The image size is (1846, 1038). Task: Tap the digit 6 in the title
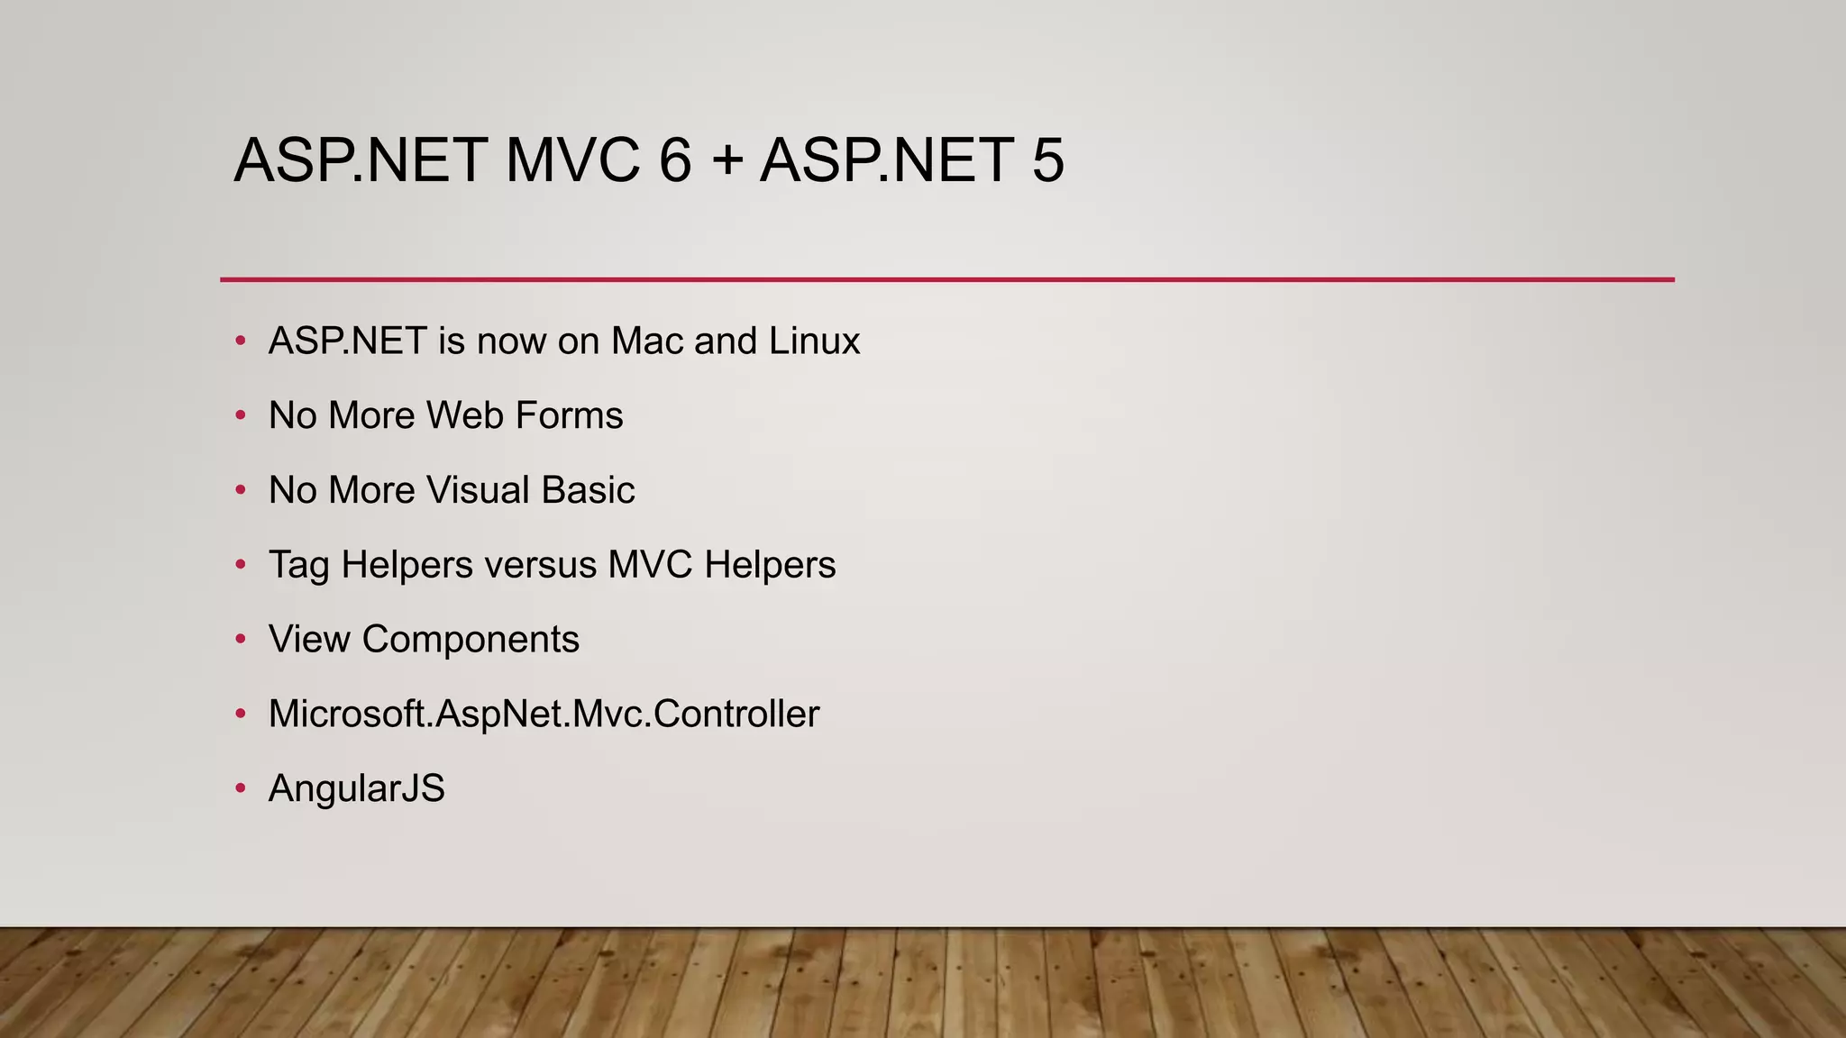pos(675,160)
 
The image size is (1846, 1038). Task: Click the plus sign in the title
pos(727,162)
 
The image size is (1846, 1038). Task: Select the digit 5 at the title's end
pos(1047,160)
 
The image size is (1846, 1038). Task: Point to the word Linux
pos(814,341)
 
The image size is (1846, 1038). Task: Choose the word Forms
pos(570,415)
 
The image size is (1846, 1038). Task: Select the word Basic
pos(588,490)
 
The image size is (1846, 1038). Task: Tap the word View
pos(309,640)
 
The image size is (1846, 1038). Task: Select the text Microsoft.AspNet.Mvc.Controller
pos(544,715)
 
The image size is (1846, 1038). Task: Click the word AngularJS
pos(357,789)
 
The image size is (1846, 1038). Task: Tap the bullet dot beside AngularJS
pos(240,788)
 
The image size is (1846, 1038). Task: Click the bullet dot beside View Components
pos(240,639)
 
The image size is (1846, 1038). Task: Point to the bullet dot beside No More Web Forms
pos(240,415)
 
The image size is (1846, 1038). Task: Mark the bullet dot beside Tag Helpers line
pos(240,565)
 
